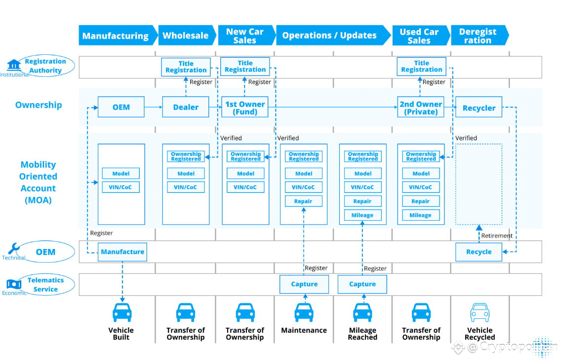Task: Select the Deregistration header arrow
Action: [480, 35]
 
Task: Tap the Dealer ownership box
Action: [186, 107]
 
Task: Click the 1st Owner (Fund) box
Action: [245, 107]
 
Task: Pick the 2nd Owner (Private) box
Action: [421, 107]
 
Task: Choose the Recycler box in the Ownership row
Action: [479, 107]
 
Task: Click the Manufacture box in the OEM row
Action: [122, 252]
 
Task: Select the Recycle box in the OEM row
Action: [479, 252]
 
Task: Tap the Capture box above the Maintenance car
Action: [304, 284]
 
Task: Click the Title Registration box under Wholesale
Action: [186, 67]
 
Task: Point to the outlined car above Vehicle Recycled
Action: [480, 312]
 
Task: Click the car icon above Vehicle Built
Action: [122, 312]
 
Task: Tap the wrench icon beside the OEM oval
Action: [14, 248]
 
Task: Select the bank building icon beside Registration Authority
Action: [14, 65]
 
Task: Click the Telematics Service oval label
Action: [45, 285]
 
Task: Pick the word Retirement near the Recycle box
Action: [497, 236]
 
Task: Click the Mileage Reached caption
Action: [362, 333]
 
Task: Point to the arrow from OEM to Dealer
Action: [154, 107]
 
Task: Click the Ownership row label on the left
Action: [39, 105]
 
